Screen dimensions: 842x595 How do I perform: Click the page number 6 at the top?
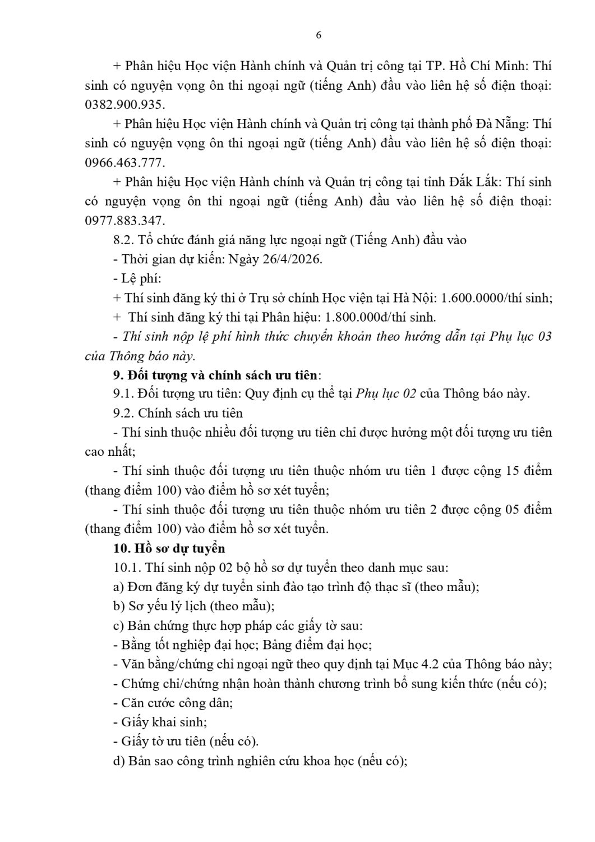[x=319, y=35]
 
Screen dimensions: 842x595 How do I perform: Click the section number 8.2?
[x=122, y=240]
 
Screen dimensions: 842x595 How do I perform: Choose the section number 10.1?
[x=126, y=568]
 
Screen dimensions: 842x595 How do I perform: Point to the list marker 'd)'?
[x=118, y=761]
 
